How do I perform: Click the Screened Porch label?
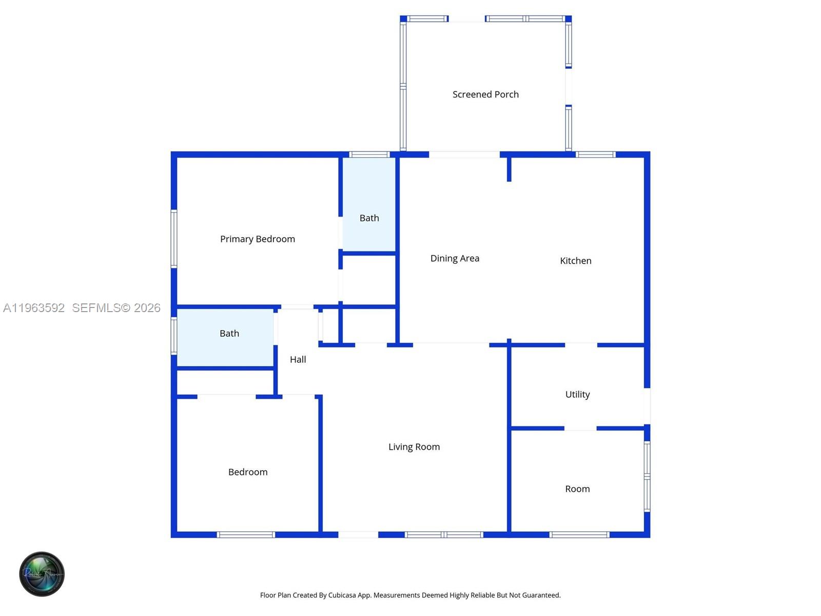tap(485, 94)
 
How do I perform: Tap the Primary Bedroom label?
tap(257, 239)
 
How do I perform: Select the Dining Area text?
tap(455, 258)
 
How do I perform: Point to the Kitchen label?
tap(575, 261)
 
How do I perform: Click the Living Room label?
tap(414, 447)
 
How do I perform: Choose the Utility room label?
tap(577, 394)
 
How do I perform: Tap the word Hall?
tap(298, 359)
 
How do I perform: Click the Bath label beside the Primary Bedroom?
tap(369, 218)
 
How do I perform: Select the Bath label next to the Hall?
tap(229, 333)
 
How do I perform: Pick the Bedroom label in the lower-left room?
tap(248, 472)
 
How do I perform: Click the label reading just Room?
tap(577, 489)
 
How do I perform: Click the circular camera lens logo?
tap(42, 574)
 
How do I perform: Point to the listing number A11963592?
tap(34, 307)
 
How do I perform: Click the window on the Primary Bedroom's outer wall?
tap(174, 238)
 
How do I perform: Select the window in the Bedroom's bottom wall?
tap(246, 534)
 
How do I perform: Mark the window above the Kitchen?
tap(595, 154)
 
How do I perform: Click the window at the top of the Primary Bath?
tap(369, 154)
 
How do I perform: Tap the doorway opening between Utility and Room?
tap(580, 428)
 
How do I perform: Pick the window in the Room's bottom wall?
tap(579, 534)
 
